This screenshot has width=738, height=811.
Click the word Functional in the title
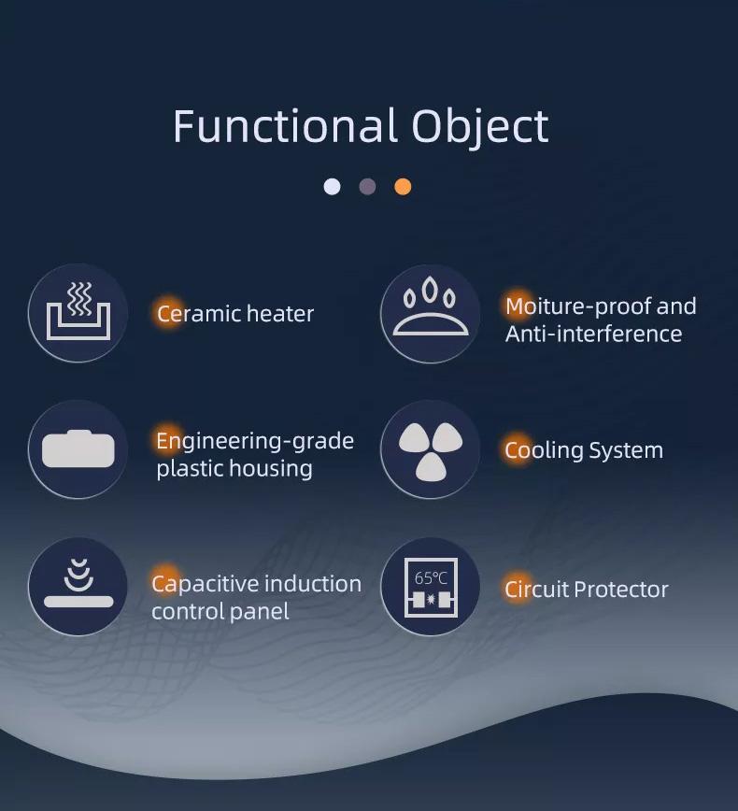(286, 126)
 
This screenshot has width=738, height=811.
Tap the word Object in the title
(480, 128)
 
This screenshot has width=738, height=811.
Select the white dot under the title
(332, 186)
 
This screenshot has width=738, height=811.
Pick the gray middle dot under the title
(368, 186)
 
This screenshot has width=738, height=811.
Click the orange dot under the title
(403, 186)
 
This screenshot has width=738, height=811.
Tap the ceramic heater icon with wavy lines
(78, 311)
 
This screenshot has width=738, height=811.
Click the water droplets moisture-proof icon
(431, 307)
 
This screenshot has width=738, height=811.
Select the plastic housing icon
(78, 448)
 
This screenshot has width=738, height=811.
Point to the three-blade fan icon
(431, 451)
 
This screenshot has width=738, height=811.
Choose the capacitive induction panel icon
(78, 583)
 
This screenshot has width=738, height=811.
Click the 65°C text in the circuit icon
(431, 577)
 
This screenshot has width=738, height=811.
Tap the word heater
(280, 314)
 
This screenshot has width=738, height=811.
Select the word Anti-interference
(594, 334)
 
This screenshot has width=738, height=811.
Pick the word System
(626, 451)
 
